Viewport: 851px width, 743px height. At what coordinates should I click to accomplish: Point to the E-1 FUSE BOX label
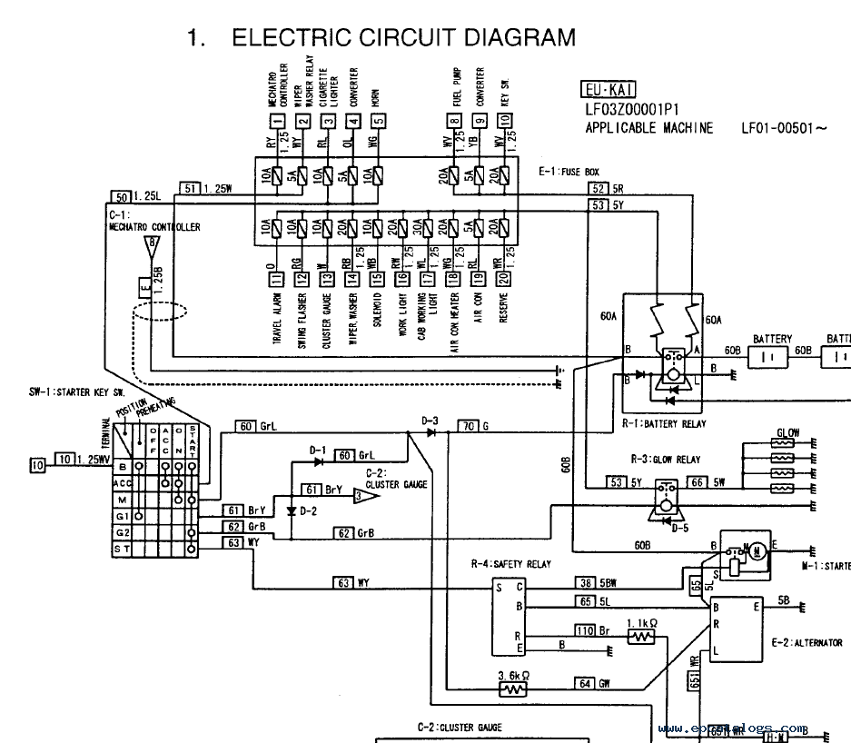[568, 172]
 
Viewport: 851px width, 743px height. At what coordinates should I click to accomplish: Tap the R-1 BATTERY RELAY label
[664, 424]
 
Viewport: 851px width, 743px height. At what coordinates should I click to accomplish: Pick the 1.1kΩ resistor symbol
[642, 638]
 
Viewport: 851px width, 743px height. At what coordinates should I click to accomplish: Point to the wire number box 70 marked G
[467, 426]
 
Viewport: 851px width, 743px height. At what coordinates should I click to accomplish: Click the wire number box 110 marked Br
[584, 630]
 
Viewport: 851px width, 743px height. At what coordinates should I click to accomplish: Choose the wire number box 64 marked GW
[584, 683]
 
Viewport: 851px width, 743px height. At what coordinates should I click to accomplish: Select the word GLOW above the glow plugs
[787, 433]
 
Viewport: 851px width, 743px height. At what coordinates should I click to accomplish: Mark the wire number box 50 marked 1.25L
[120, 195]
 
